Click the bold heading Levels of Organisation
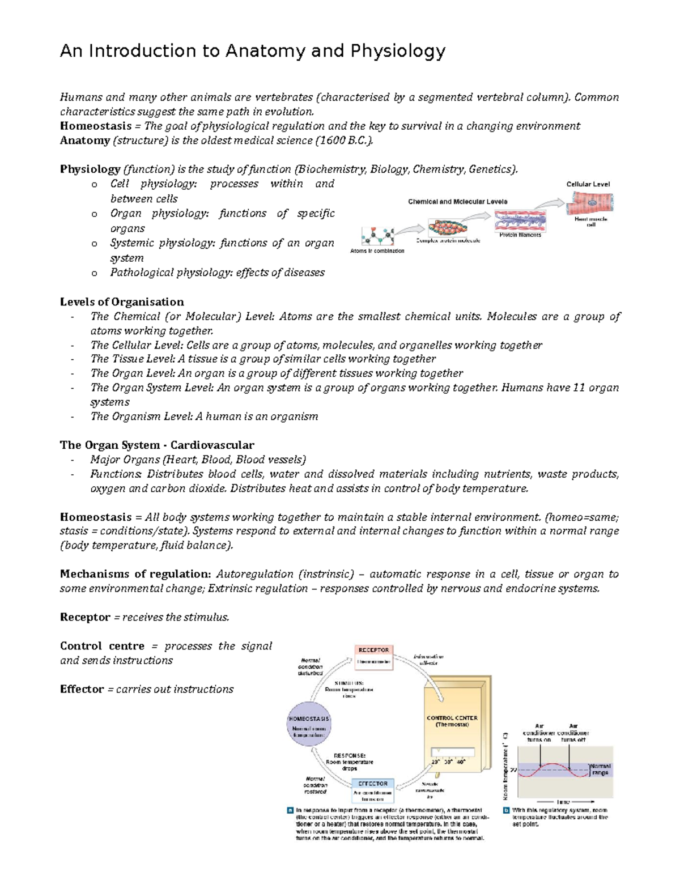click(122, 302)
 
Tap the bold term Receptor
click(85, 617)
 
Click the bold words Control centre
click(102, 646)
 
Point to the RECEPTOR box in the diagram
click(374, 651)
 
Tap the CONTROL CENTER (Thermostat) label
click(452, 721)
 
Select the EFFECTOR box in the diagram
click(373, 784)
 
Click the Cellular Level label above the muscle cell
click(588, 184)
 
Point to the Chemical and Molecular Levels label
click(457, 202)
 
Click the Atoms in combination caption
click(377, 250)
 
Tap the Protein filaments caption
click(520, 235)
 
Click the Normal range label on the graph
click(600, 769)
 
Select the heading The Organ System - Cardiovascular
click(157, 445)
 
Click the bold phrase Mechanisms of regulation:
click(135, 574)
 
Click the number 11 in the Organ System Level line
click(579, 388)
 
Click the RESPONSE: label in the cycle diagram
click(350, 755)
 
